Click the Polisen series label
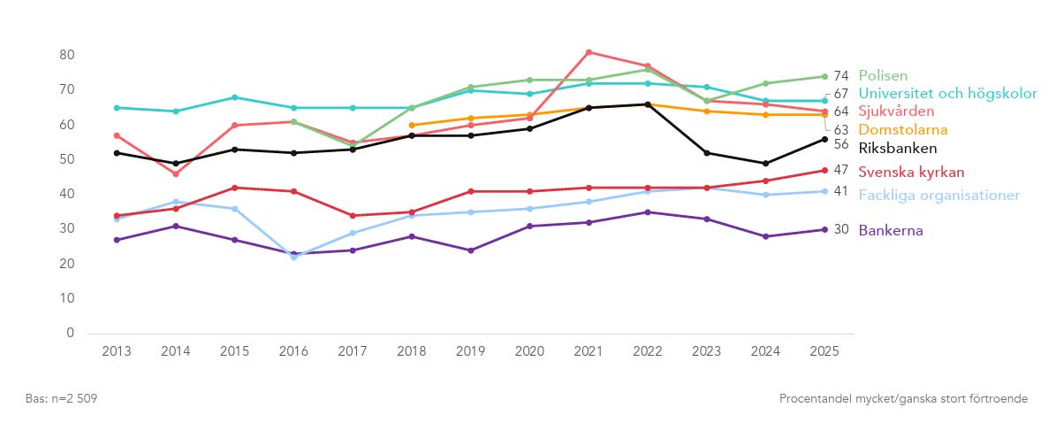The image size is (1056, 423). pyautogui.click(x=883, y=76)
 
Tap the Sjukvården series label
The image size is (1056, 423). pyautogui.click(x=896, y=112)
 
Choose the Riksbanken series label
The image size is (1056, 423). pyautogui.click(x=897, y=148)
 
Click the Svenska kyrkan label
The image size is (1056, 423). pyautogui.click(x=911, y=172)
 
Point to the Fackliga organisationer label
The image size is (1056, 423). pyautogui.click(x=938, y=195)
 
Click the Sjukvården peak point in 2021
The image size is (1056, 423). pyautogui.click(x=589, y=52)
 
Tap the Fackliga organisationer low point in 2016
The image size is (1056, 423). pyautogui.click(x=293, y=257)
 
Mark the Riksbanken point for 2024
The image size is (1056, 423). pyautogui.click(x=765, y=164)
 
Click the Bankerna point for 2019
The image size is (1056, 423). pyautogui.click(x=470, y=250)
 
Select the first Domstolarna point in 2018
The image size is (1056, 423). pyautogui.click(x=412, y=126)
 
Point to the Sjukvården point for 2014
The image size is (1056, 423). pyautogui.click(x=176, y=173)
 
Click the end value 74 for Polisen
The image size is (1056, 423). pyautogui.click(x=840, y=76)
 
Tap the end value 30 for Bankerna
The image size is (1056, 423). pyautogui.click(x=840, y=229)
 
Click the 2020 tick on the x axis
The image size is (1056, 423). pyautogui.click(x=529, y=350)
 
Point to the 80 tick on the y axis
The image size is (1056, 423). pyautogui.click(x=65, y=55)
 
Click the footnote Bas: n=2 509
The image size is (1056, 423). pyautogui.click(x=61, y=399)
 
